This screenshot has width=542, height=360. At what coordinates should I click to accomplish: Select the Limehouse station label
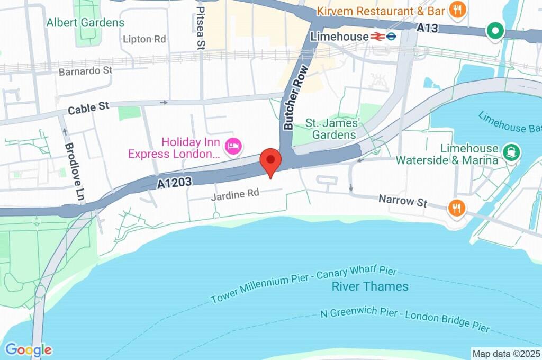pyautogui.click(x=339, y=37)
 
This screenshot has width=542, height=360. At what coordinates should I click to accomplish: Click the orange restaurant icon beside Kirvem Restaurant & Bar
pyautogui.click(x=456, y=9)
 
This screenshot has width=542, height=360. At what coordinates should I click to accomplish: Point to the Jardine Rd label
pyautogui.click(x=236, y=194)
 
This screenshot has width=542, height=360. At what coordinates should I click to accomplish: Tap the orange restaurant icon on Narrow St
pyautogui.click(x=456, y=208)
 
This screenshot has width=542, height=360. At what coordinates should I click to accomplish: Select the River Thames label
pyautogui.click(x=370, y=286)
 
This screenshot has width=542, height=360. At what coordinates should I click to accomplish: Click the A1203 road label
pyautogui.click(x=174, y=183)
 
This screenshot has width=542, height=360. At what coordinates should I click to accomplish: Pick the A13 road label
pyautogui.click(x=427, y=28)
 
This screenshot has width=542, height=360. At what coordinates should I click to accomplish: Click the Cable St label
pyautogui.click(x=88, y=109)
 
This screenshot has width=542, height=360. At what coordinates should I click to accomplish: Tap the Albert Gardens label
pyautogui.click(x=85, y=23)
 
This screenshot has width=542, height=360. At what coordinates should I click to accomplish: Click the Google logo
pyautogui.click(x=29, y=350)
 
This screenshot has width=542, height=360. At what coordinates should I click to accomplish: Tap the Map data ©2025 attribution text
pyautogui.click(x=506, y=353)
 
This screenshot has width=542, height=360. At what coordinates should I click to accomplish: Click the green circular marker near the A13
pyautogui.click(x=495, y=31)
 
